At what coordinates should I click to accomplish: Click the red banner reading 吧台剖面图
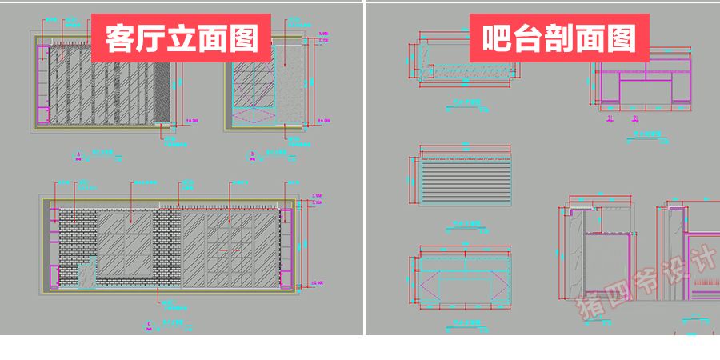559,38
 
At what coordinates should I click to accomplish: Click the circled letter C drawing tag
150,323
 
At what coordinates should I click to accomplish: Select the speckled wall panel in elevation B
291,84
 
